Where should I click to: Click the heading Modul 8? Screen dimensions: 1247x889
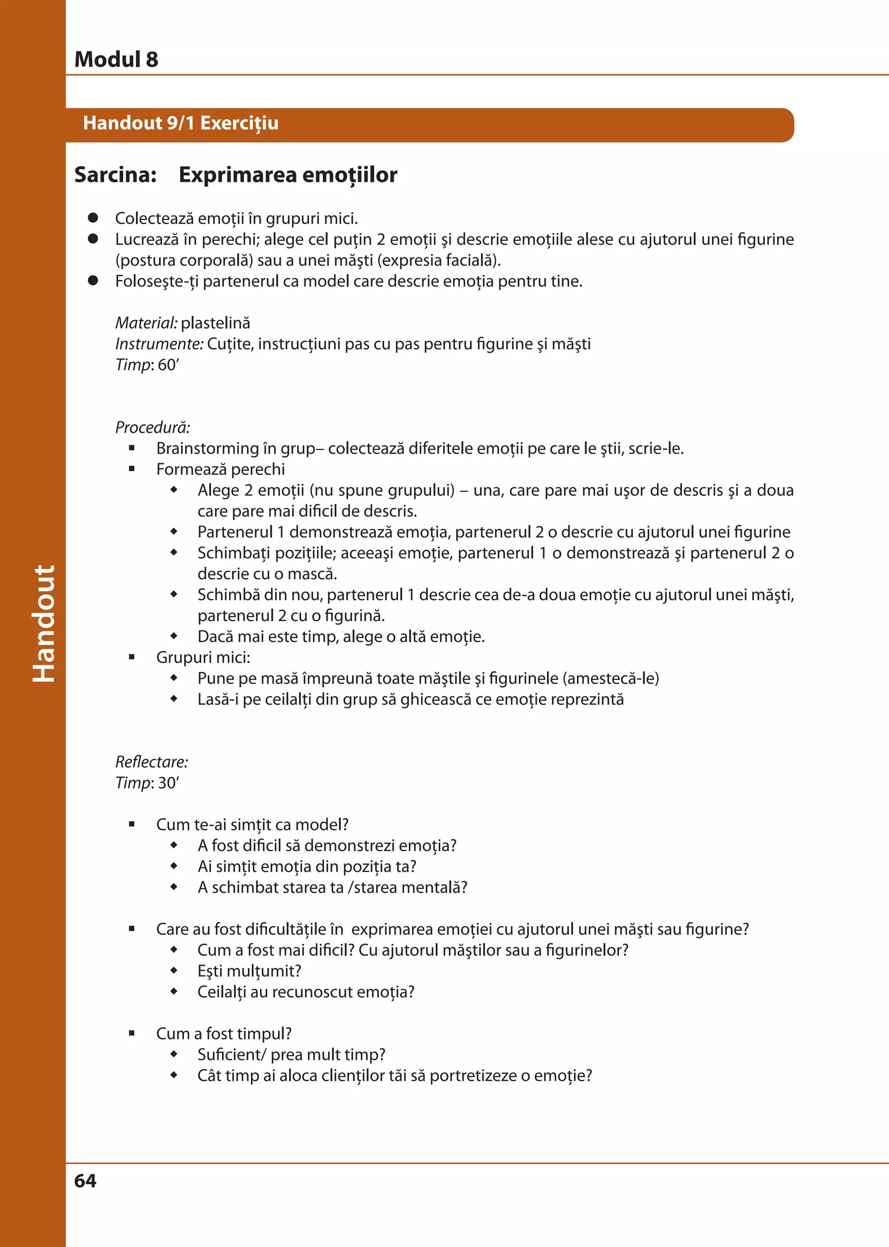click(x=116, y=59)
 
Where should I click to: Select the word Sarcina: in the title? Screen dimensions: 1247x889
click(x=115, y=174)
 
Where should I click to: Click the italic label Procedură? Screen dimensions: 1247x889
click(x=152, y=427)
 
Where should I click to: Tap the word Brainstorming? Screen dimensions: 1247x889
click(x=207, y=448)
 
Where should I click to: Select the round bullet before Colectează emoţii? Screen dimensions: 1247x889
click(x=93, y=218)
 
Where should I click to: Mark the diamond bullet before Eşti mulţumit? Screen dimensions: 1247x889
click(x=174, y=971)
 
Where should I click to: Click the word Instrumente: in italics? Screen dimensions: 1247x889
click(x=159, y=344)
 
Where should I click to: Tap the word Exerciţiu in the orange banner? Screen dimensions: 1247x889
click(x=239, y=123)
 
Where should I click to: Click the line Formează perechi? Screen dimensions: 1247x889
click(x=220, y=469)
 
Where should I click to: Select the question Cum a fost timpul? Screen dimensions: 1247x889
click(x=224, y=1033)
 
